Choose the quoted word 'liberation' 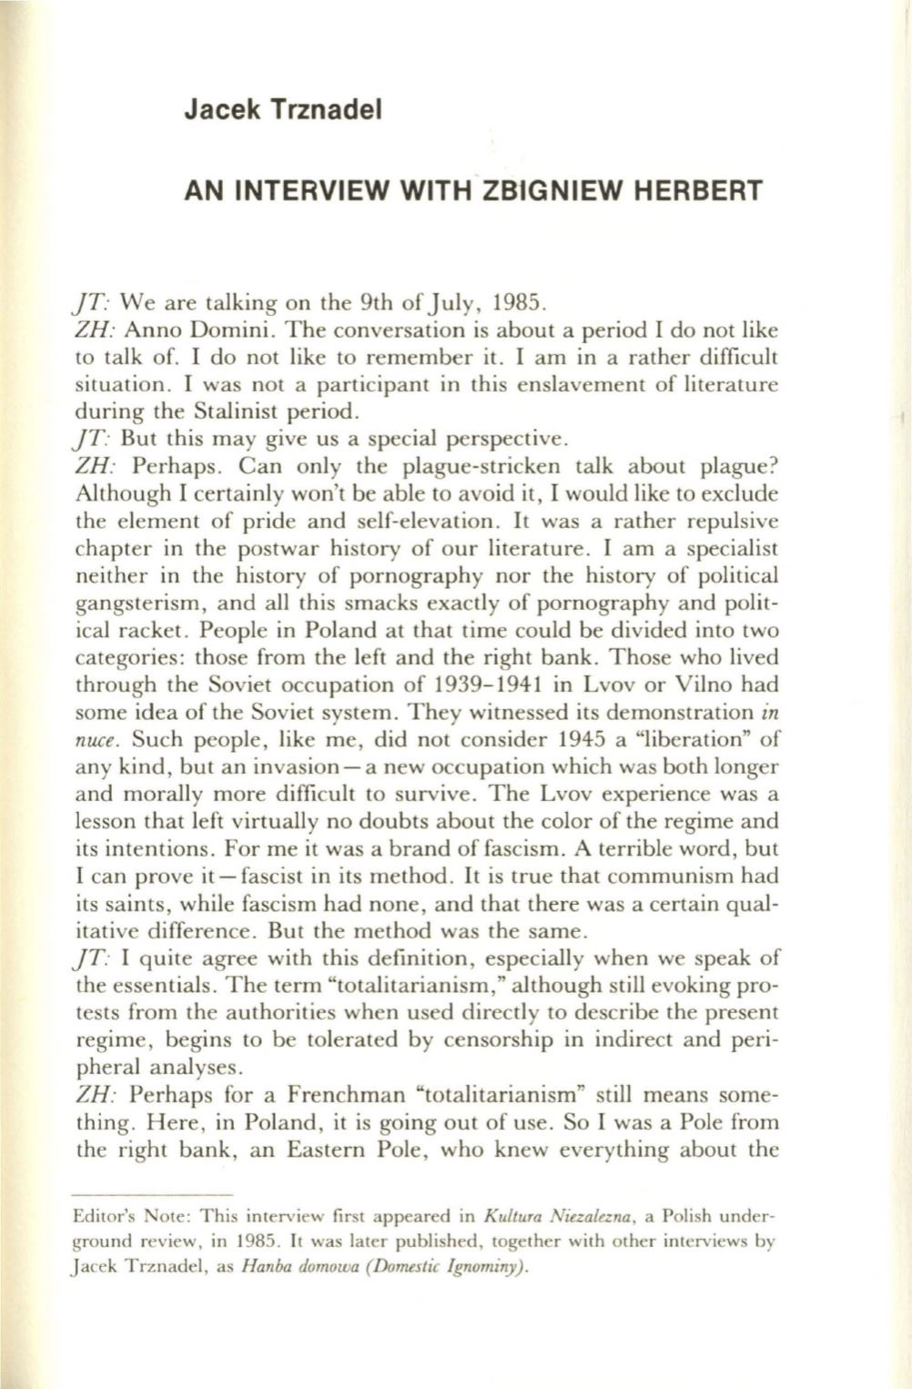(693, 739)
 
